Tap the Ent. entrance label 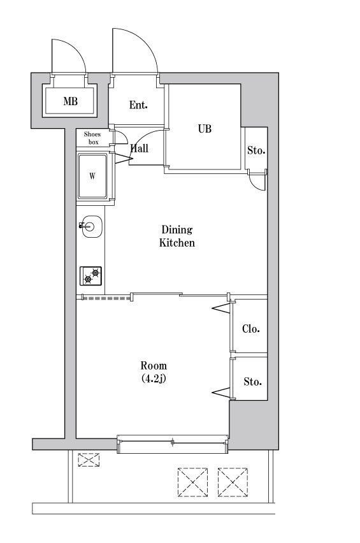(x=138, y=105)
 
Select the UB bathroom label (x=205, y=129)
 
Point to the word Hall (x=140, y=148)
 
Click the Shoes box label (x=92, y=138)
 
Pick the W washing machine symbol (x=93, y=177)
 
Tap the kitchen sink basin (x=90, y=226)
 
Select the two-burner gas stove (x=90, y=276)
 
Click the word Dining (x=176, y=230)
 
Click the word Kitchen (x=176, y=243)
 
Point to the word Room (x=154, y=366)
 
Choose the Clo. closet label (x=250, y=329)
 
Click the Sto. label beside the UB (x=256, y=151)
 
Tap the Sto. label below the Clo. (x=252, y=382)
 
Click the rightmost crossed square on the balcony (x=232, y=482)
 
